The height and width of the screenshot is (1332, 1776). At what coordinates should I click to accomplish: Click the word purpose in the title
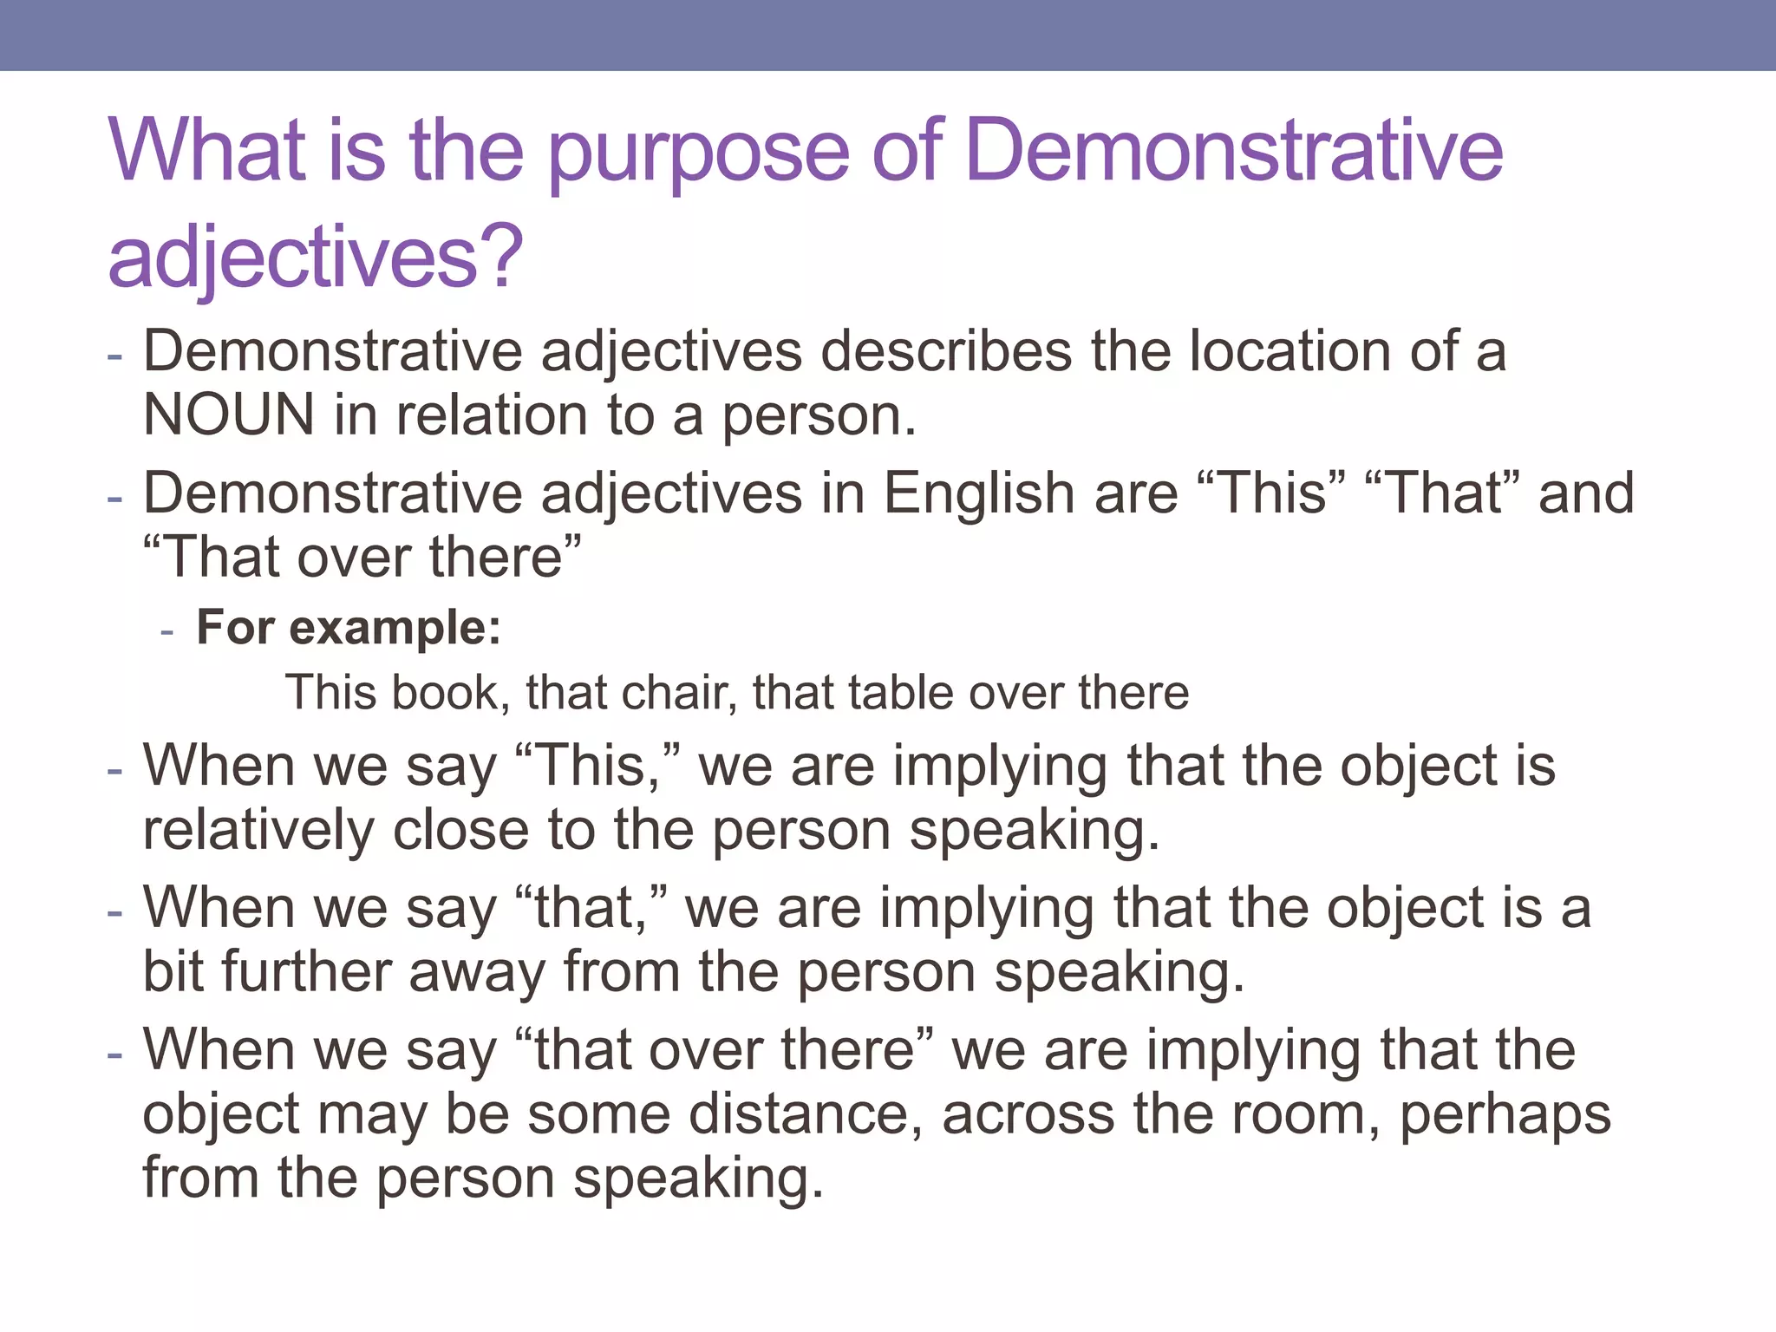click(x=698, y=154)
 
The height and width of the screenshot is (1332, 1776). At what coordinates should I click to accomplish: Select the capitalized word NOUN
click(x=228, y=415)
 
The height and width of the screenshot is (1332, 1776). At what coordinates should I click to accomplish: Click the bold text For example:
click(x=349, y=627)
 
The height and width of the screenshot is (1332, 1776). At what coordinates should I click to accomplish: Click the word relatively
click(x=258, y=830)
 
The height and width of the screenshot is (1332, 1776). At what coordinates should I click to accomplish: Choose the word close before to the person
click(x=460, y=830)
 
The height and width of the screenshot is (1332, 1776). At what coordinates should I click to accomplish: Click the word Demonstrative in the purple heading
click(x=1233, y=152)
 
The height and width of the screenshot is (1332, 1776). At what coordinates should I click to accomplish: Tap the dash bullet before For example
click(x=167, y=630)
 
